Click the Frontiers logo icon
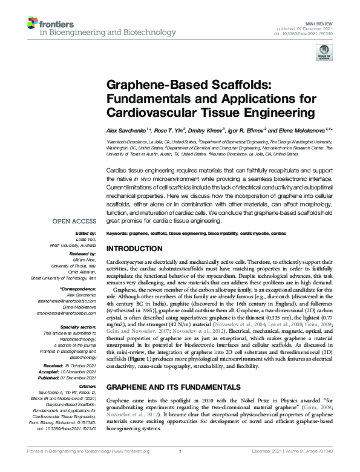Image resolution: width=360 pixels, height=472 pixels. click(x=34, y=24)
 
